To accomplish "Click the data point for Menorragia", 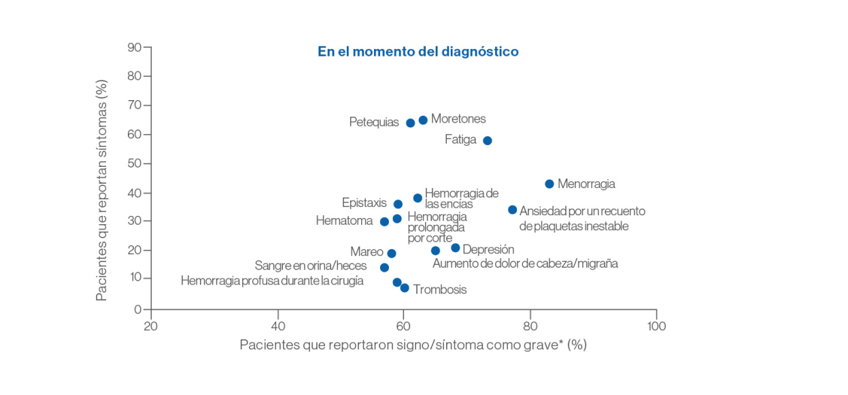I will click(x=549, y=184).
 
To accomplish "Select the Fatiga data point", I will click(x=488, y=141).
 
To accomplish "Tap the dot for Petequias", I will click(x=410, y=123).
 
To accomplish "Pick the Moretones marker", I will click(x=423, y=120).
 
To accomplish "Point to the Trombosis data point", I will click(x=405, y=288).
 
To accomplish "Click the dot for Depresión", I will click(x=456, y=248).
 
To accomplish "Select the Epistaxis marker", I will click(x=398, y=204).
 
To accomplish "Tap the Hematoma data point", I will click(x=384, y=222).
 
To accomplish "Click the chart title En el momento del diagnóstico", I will click(x=418, y=52).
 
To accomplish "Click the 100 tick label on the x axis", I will click(x=656, y=326).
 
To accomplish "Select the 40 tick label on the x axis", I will click(x=277, y=326).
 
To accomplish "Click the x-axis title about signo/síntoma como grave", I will click(x=413, y=345).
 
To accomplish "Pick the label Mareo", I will click(x=367, y=252).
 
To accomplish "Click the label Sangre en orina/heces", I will click(x=311, y=266).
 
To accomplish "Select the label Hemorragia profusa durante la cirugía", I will click(x=272, y=281).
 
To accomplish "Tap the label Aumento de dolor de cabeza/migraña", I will click(x=525, y=264).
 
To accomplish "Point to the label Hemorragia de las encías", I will click(x=462, y=198).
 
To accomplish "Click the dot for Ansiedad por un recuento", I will click(x=513, y=210).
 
